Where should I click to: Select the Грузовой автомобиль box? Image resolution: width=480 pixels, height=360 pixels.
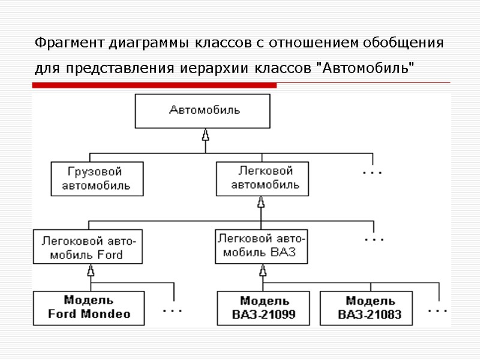pyautogui.click(x=97, y=178)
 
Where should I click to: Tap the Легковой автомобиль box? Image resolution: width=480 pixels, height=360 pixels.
pyautogui.click(x=262, y=178)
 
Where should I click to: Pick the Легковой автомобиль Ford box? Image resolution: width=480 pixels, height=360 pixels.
pyautogui.click(x=89, y=247)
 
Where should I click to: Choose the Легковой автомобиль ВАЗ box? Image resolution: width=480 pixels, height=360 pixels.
pyautogui.click(x=261, y=246)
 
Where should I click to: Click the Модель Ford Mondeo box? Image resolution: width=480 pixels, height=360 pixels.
pyautogui.click(x=89, y=307)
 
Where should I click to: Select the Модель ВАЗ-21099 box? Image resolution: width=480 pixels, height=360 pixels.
pyautogui.click(x=263, y=308)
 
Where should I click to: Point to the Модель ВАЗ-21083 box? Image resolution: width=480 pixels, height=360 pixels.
pyautogui.click(x=366, y=308)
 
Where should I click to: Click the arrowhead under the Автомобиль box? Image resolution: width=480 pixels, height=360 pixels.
pyautogui.click(x=205, y=136)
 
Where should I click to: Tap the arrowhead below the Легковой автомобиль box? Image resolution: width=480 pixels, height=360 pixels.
pyautogui.click(x=261, y=203)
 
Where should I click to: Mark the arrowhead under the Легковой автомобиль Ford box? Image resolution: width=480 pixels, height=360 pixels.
pyautogui.click(x=91, y=271)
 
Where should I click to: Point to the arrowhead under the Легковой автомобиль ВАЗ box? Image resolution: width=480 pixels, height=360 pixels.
pyautogui.click(x=262, y=271)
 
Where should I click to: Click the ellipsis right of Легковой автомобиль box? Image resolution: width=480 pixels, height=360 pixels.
pyautogui.click(x=373, y=173)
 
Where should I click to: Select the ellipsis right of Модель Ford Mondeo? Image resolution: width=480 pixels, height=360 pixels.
pyautogui.click(x=173, y=311)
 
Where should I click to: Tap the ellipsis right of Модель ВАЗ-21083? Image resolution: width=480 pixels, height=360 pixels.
pyautogui.click(x=437, y=311)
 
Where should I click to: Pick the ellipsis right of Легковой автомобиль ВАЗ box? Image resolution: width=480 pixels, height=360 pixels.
pyautogui.click(x=374, y=239)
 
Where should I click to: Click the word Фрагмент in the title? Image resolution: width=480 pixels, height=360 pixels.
pyautogui.click(x=70, y=44)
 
